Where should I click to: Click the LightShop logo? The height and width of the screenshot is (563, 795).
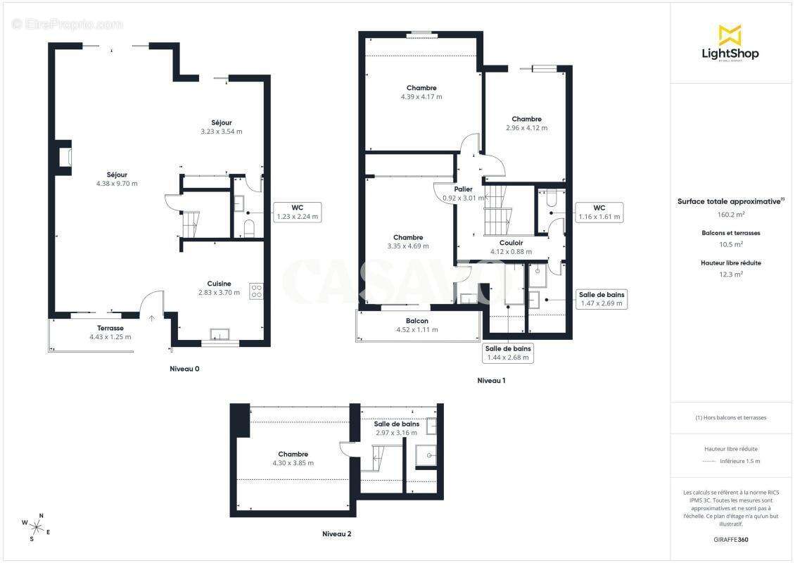point(730,43)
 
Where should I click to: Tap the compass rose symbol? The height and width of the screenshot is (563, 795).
point(35,526)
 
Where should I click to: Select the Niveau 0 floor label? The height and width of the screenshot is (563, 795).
point(184,369)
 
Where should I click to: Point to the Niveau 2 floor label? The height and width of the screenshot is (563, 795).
point(337,533)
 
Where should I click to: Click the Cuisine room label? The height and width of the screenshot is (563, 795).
point(219,284)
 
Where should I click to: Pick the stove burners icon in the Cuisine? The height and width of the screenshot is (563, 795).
point(257,291)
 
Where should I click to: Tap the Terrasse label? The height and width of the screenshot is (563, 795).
point(110,328)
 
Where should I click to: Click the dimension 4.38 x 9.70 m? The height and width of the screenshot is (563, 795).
point(117,184)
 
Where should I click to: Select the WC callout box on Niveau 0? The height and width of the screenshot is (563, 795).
point(298,212)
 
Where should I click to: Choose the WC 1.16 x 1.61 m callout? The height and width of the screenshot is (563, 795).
point(599,212)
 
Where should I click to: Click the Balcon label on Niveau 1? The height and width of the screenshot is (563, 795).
point(416,320)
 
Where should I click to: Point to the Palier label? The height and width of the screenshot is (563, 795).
point(464,189)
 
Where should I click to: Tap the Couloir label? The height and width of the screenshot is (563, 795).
point(511,243)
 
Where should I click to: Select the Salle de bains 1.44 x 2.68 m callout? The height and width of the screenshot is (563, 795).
point(508,353)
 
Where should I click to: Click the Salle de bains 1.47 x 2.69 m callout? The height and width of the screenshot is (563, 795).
point(602,299)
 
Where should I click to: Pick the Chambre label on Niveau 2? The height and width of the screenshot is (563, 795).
point(293,454)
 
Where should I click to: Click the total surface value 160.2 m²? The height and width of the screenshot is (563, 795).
point(730,215)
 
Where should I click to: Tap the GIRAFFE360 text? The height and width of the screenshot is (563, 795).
point(730,540)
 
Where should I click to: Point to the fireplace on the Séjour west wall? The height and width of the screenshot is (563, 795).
point(65,157)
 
